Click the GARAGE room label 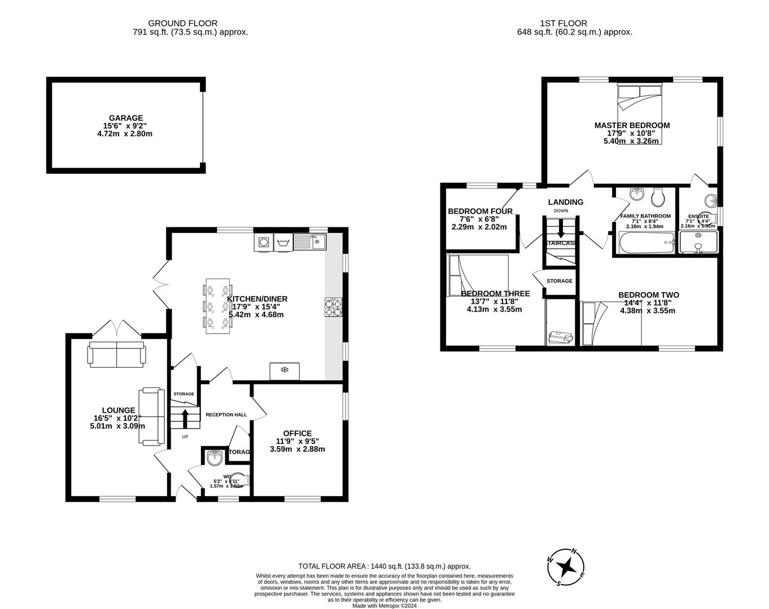tap(126, 118)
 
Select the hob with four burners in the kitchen tap(333, 307)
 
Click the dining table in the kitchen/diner tap(217, 306)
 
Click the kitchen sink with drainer tap(309, 242)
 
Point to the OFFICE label tap(297, 433)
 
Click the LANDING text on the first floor tap(565, 202)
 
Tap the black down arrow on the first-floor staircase tap(561, 229)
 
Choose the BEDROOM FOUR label tap(480, 211)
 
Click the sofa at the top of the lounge tap(116, 353)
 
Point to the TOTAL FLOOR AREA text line tap(384, 566)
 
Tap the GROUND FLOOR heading tap(182, 23)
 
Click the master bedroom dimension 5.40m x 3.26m tap(631, 141)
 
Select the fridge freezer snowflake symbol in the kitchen tap(285, 370)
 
